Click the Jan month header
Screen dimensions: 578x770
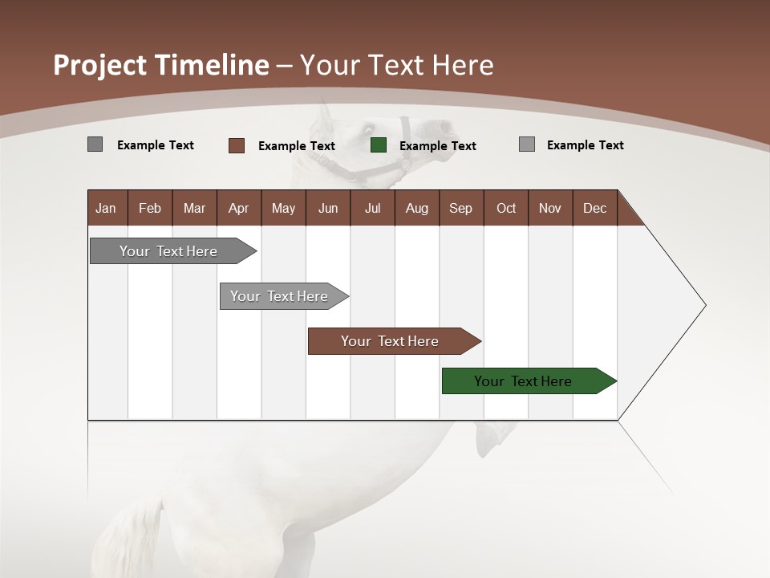(106, 208)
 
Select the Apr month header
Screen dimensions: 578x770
(238, 208)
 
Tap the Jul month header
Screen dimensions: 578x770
(372, 208)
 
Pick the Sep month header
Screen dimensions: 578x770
(460, 208)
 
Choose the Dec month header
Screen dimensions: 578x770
(594, 208)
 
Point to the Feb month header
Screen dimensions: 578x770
(150, 208)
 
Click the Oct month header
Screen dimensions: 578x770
(506, 208)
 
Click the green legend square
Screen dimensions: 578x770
(379, 145)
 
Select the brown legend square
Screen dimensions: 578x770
(237, 145)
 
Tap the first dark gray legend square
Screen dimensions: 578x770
(95, 144)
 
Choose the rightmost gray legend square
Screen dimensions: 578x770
(526, 144)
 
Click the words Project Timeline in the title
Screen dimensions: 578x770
(160, 65)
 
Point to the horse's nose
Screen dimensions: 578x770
(440, 127)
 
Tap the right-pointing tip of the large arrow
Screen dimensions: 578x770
(703, 305)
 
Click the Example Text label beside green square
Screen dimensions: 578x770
(437, 146)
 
